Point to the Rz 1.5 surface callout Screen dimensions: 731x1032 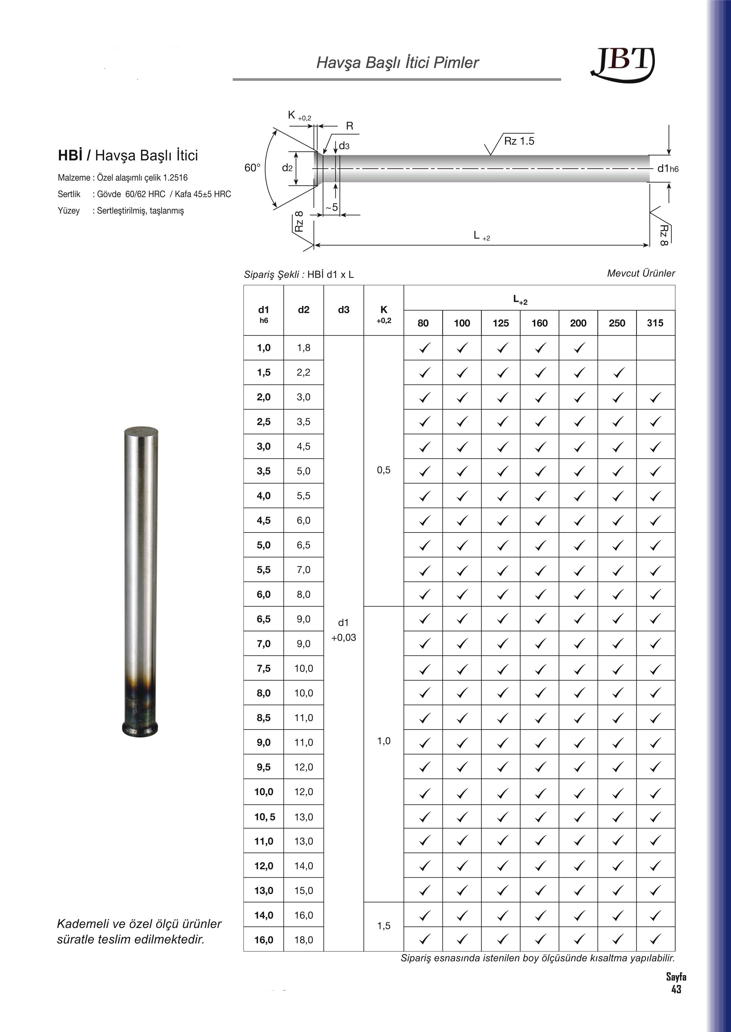[519, 141]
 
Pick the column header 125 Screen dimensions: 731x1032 [501, 323]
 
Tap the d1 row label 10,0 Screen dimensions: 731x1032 [264, 792]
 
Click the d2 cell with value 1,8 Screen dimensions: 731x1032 [303, 348]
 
